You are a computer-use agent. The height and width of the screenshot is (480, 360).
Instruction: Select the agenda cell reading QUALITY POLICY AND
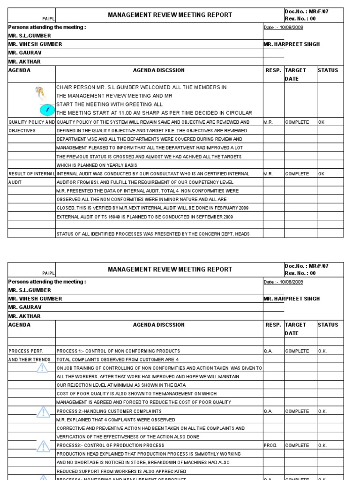[x=31, y=122]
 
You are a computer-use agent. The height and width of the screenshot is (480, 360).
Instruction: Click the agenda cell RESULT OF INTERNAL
[x=31, y=174]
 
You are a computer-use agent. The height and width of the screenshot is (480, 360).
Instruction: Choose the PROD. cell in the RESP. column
[x=271, y=445]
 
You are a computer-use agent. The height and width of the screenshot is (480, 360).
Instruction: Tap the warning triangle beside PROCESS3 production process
[x=43, y=446]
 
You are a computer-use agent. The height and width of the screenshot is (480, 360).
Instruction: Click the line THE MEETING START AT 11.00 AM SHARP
[x=154, y=113]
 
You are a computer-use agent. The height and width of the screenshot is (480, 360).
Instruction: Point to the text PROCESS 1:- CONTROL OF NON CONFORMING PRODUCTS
[x=118, y=351]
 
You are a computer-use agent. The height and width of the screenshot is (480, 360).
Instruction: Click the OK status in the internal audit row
[x=321, y=174]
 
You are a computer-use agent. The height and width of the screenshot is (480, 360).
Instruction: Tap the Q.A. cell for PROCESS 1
[x=268, y=351]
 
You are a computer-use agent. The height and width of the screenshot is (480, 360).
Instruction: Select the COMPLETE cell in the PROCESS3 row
[x=297, y=445]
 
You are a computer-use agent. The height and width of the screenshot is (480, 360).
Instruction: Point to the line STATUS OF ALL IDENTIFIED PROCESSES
[x=153, y=234]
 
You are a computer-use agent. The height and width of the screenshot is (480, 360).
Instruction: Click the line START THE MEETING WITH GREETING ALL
[x=104, y=105]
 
